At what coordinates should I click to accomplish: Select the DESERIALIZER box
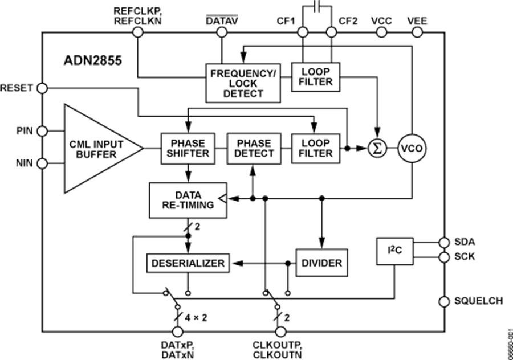188,263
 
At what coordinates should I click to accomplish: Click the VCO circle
412,148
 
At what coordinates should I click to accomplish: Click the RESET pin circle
43,88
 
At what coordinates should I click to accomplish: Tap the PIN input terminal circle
43,131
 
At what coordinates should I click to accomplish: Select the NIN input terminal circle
43,164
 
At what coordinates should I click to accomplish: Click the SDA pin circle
443,242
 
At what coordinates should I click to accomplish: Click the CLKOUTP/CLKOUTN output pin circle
280,331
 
